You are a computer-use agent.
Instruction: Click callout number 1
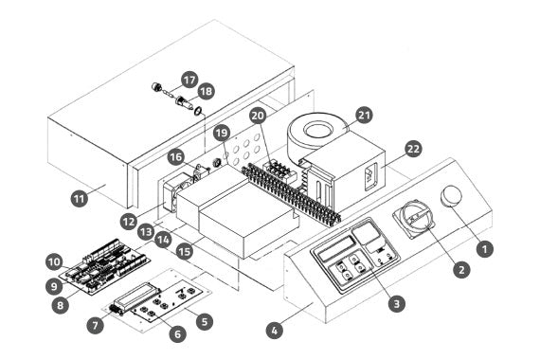pos(485,249)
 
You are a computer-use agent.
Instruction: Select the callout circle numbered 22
pos(413,149)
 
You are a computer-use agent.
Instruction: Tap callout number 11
pos(80,199)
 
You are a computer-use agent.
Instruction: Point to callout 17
pos(189,80)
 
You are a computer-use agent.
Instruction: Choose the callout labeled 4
pos(275,331)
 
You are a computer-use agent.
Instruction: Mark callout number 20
pos(258,116)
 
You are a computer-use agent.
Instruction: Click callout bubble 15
pos(185,251)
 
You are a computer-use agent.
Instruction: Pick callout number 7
pos(95,325)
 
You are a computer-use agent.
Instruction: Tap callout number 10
pos(54,262)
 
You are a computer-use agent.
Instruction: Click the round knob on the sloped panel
pos(451,196)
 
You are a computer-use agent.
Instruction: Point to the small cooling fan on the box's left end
pos(171,197)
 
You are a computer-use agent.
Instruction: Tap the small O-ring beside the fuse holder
pos(198,111)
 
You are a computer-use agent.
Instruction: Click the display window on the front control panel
pos(336,248)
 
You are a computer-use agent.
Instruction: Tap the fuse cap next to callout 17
pos(156,86)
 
